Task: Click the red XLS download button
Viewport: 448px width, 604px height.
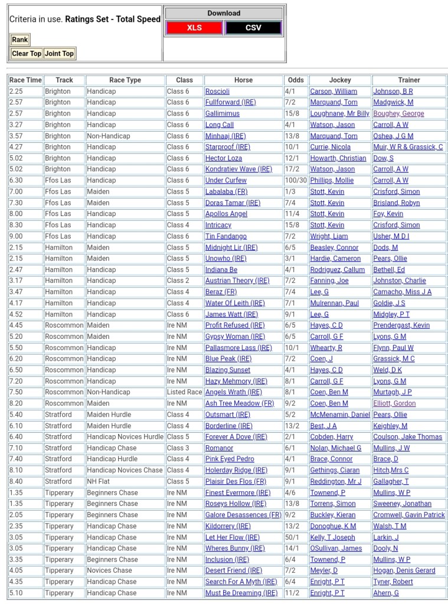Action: click(x=194, y=28)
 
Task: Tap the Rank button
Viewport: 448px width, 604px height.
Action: click(x=19, y=40)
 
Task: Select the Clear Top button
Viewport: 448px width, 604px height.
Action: click(x=27, y=54)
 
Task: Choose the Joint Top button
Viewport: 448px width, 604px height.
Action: click(x=60, y=54)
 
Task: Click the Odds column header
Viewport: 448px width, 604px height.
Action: click(x=296, y=80)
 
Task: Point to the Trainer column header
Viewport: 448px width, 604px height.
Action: click(x=409, y=80)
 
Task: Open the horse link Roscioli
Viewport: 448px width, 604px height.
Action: click(x=217, y=92)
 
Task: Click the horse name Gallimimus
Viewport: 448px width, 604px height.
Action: click(x=223, y=113)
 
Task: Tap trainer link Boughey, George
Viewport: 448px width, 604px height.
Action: click(x=398, y=113)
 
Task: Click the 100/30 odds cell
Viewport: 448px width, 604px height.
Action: click(x=296, y=181)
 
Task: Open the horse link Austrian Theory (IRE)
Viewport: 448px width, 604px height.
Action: click(x=237, y=281)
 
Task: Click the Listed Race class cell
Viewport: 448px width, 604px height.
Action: click(x=184, y=392)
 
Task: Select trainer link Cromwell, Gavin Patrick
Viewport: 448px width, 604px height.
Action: click(x=409, y=515)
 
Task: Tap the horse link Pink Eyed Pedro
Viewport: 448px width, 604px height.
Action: click(x=230, y=459)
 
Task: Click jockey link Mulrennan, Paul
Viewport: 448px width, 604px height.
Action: click(x=334, y=303)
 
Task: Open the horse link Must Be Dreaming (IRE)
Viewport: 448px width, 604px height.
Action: click(x=241, y=593)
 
